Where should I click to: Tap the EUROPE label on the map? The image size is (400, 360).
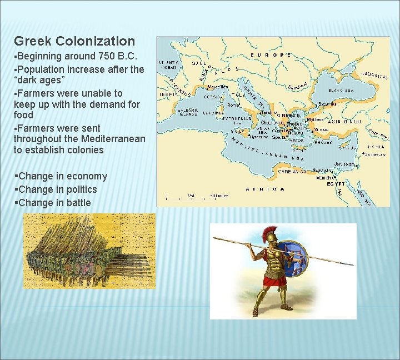271,55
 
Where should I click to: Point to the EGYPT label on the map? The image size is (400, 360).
336,183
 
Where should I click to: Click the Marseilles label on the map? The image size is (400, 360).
217,87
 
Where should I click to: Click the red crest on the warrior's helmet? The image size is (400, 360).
272,232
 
